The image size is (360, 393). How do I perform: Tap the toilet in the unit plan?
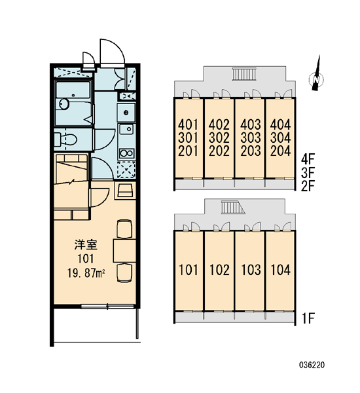coord(65,139)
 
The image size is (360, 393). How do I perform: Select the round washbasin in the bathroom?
coord(64,104)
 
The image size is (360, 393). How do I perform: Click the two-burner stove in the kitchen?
coord(127,153)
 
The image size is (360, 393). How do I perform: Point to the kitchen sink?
coord(127,129)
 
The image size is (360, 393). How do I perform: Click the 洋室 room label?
coord(86,244)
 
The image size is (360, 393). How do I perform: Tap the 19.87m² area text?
coord(86,273)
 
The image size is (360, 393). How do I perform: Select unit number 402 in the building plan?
coord(219,124)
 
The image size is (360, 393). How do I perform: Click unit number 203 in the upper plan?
coord(251,151)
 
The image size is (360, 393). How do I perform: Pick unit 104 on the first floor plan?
coord(281,270)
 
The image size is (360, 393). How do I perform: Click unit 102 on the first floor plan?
coord(219,270)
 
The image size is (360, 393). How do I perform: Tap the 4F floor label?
coord(308,159)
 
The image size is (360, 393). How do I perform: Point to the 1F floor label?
coord(308,318)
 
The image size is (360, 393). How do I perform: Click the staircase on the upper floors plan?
coord(245,74)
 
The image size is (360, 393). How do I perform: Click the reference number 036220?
coord(312,365)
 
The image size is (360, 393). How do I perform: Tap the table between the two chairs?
coord(124,251)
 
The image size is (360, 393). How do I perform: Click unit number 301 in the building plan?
coord(188,138)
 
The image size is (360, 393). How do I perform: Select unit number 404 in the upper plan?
coord(281,124)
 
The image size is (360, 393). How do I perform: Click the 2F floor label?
coord(308,186)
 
